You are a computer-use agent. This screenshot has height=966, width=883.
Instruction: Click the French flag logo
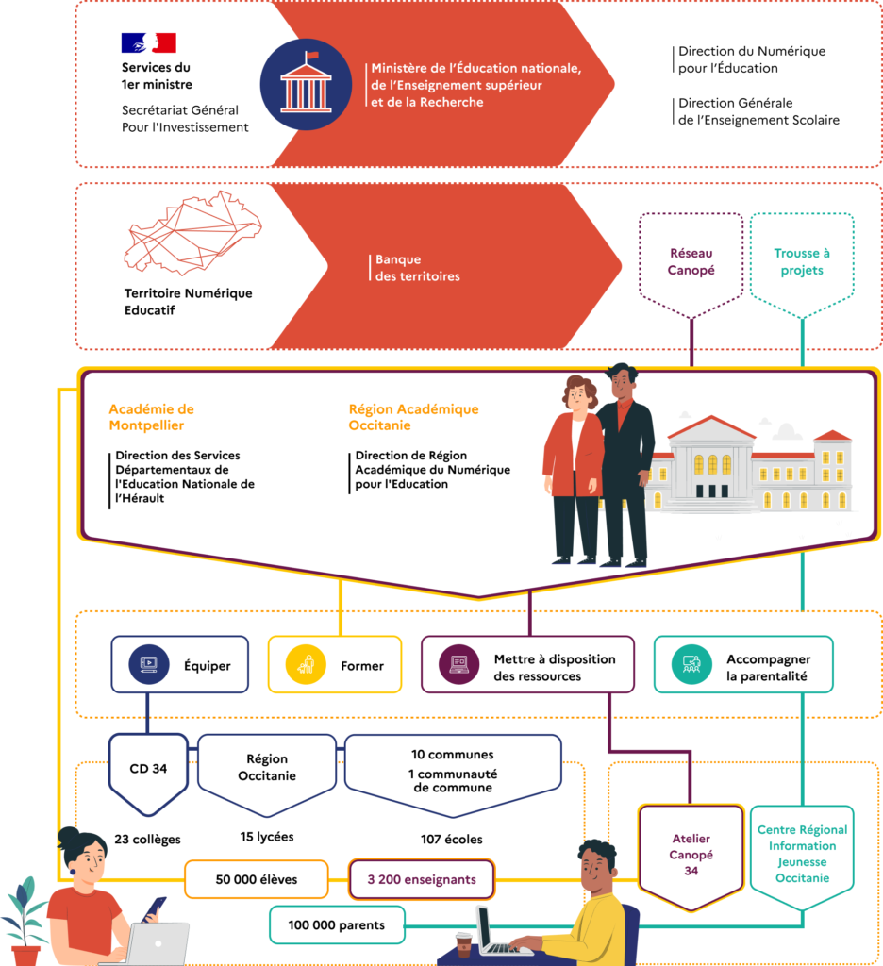(x=148, y=42)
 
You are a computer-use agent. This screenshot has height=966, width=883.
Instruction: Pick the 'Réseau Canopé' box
(x=691, y=261)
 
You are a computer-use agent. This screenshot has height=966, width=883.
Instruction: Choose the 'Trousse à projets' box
(x=801, y=261)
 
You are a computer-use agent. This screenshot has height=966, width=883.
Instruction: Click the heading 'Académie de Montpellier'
(x=151, y=417)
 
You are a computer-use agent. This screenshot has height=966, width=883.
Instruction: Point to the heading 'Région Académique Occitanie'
(x=413, y=417)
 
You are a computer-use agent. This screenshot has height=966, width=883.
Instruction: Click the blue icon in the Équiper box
(x=148, y=665)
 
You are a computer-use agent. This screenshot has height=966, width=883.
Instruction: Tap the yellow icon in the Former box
(x=305, y=665)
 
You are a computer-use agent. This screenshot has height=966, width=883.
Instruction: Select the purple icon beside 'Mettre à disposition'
(x=458, y=665)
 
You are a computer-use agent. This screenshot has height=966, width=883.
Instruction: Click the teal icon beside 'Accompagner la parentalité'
(x=691, y=665)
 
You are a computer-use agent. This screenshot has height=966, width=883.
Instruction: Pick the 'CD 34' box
(x=148, y=769)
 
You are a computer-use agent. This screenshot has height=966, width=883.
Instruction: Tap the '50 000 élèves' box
(x=257, y=879)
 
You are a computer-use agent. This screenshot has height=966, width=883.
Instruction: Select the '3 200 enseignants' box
(x=422, y=879)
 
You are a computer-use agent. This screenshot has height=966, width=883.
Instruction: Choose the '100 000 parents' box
(x=337, y=924)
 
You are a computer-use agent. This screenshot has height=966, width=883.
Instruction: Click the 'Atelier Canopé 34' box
(x=691, y=854)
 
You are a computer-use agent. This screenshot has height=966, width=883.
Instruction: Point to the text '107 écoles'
(x=452, y=839)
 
